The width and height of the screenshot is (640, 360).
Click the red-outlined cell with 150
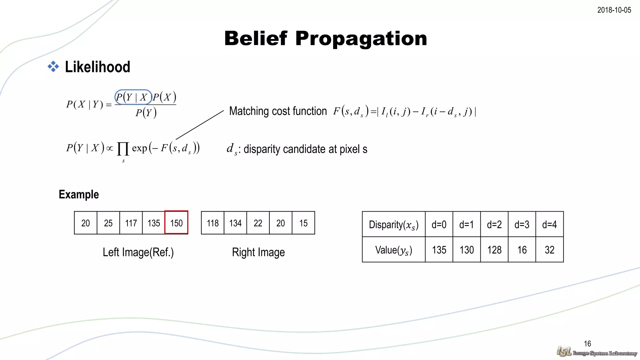[176, 223]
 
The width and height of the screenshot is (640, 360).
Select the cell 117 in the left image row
[131, 223]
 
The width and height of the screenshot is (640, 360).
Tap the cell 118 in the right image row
[212, 223]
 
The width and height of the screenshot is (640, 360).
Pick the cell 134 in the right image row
[235, 223]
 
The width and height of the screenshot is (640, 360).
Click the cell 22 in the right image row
[258, 223]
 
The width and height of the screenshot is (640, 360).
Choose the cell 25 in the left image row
[108, 223]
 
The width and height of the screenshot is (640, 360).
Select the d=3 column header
[522, 224]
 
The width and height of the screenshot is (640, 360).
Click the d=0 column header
[439, 224]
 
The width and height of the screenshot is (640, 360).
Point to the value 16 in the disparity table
[522, 250]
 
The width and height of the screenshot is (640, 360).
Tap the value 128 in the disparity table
[494, 250]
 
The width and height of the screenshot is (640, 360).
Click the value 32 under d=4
[549, 250]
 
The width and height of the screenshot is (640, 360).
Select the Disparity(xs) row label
[393, 224]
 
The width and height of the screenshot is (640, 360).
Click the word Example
[79, 194]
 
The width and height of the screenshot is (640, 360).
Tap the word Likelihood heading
[97, 67]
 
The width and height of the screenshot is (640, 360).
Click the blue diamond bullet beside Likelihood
[53, 66]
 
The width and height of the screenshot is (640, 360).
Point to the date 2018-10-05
[614, 10]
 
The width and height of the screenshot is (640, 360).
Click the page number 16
[587, 344]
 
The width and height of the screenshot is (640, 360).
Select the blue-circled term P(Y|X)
[133, 97]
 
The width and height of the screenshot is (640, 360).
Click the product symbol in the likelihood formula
[123, 148]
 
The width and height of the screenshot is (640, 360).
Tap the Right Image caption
[258, 252]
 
